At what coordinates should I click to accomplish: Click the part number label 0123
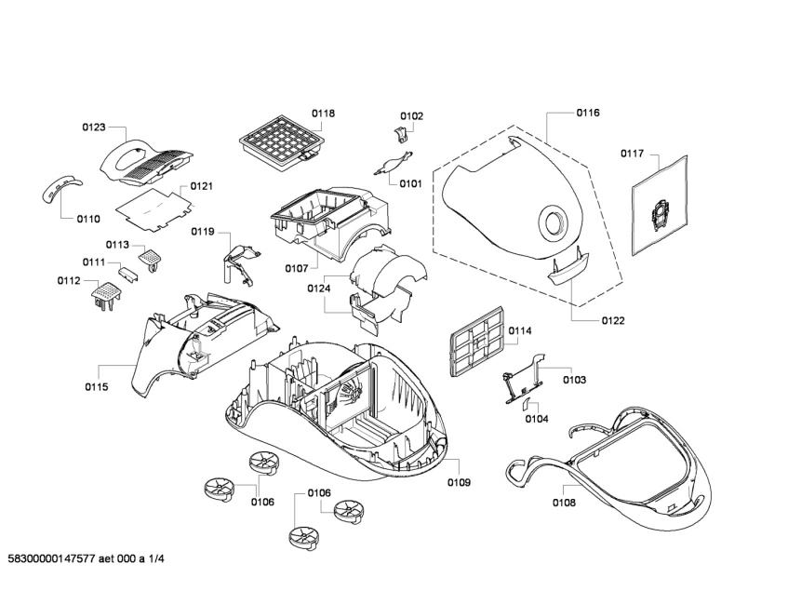(94, 128)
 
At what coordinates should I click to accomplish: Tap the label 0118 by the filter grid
(323, 114)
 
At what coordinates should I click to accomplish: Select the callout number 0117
(633, 154)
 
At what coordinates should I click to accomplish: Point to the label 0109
(459, 483)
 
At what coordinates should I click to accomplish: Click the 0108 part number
(564, 503)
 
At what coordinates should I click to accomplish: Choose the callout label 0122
(612, 320)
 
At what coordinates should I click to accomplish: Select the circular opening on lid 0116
(554, 223)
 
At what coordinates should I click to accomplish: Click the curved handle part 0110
(58, 189)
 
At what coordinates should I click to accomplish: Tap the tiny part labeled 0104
(526, 402)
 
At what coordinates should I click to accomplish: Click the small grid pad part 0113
(151, 252)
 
